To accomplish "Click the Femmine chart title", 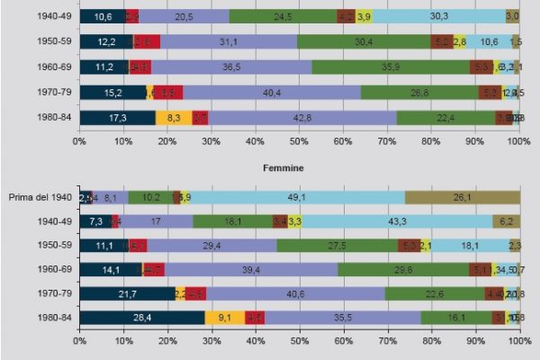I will click(x=281, y=167).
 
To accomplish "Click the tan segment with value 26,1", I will click(x=463, y=197).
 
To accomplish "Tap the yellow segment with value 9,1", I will click(x=224, y=318).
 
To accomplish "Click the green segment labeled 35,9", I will click(x=391, y=67).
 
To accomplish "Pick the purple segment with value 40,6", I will click(x=296, y=293).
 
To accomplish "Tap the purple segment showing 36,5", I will click(x=231, y=67).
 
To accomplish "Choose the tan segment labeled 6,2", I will click(x=506, y=221).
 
